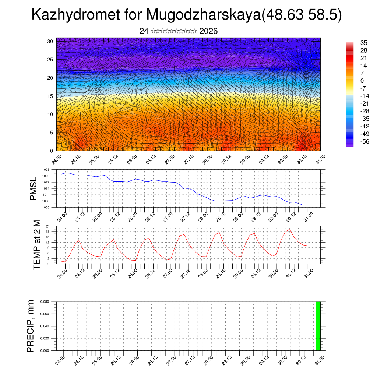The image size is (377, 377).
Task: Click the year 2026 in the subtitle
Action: tap(208, 31)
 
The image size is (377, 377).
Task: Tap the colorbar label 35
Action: tap(364, 43)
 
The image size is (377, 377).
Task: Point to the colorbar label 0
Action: tap(362, 81)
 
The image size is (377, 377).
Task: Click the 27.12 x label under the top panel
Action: tap(188, 160)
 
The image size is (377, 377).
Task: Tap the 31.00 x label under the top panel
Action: tap(320, 160)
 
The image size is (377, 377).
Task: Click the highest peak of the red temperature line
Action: tap(289, 229)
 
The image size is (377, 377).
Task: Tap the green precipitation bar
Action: tap(318, 326)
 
